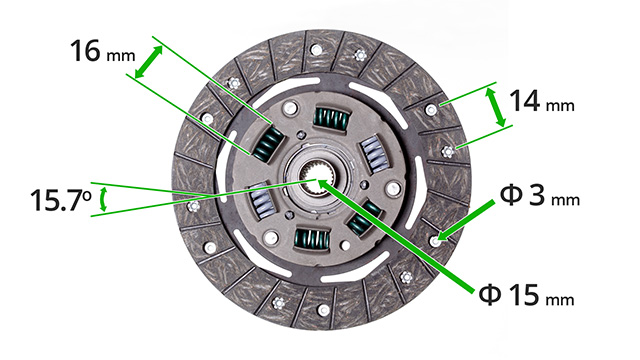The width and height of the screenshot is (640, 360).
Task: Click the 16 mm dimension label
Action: pos(102,51)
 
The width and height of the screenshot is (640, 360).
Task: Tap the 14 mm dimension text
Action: pos(542,101)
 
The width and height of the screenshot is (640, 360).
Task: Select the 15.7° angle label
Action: pos(60,200)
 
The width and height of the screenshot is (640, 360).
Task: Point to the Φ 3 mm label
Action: pos(540,195)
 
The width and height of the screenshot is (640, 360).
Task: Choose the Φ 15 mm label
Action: pos(527,295)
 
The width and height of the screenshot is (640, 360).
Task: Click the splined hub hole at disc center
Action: pos(318,180)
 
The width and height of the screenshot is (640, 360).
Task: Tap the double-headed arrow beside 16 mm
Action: pos(149,62)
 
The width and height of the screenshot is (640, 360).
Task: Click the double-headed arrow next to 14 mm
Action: pos(496,107)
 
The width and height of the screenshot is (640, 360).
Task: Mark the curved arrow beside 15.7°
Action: pos(103,199)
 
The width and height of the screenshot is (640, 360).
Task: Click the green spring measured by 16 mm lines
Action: pos(268,143)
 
